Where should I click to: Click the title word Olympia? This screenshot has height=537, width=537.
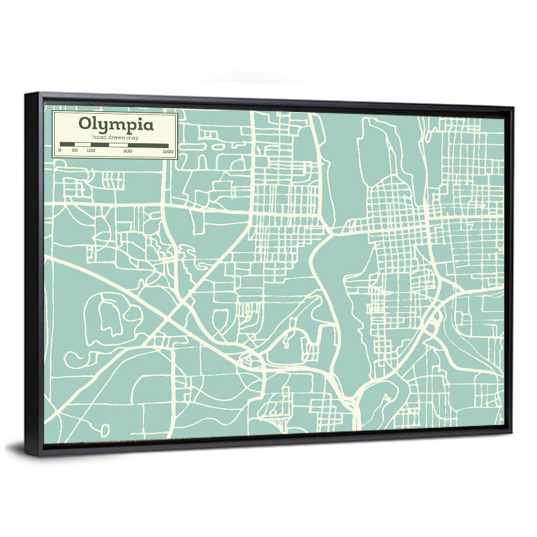click(x=115, y=125)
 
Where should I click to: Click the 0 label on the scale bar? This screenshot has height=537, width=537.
click(x=60, y=151)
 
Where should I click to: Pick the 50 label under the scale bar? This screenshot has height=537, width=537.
click(x=75, y=151)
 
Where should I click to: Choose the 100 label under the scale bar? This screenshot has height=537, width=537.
click(x=90, y=151)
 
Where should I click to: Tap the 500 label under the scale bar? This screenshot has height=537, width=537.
click(x=128, y=151)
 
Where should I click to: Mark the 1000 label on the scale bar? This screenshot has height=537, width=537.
click(x=168, y=151)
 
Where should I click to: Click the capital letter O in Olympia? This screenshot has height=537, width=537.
click(x=85, y=125)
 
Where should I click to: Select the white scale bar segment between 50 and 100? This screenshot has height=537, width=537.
click(x=83, y=145)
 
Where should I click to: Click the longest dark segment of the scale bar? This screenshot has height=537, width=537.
click(x=149, y=145)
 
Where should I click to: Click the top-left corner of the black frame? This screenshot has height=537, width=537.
click(x=26, y=95)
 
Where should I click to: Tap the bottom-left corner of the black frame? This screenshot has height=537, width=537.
click(x=27, y=454)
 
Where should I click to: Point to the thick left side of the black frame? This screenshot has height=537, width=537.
click(x=34, y=274)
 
